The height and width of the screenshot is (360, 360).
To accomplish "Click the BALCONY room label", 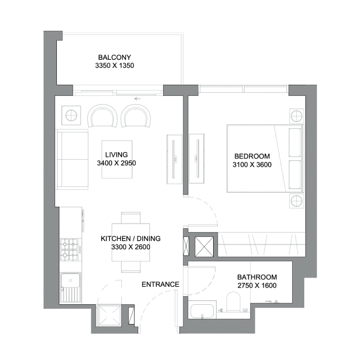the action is (114, 57).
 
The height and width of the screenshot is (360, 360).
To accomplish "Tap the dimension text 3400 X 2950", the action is (116, 163).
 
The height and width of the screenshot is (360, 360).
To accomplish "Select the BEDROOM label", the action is (252, 156).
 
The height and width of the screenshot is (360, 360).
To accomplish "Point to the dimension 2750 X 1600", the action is (257, 285).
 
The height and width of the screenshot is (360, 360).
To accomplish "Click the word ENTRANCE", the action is (160, 285).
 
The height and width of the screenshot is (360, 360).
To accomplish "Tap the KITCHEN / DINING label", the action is (131, 239).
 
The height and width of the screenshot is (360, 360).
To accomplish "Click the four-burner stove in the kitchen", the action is (69, 250).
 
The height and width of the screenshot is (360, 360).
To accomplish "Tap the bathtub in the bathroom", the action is (202, 312).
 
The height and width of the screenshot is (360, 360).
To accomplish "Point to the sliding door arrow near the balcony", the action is (137, 99).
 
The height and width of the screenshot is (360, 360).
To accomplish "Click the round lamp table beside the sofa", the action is (71, 115).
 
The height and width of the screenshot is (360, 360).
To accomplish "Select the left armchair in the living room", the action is (102, 116).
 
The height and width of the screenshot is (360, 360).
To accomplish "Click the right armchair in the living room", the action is (136, 116).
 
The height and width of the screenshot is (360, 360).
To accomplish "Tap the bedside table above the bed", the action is (296, 116).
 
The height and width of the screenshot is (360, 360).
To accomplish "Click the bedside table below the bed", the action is (296, 201).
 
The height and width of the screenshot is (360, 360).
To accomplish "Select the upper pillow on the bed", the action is (295, 142).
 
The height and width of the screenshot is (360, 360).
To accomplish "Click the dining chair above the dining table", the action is (131, 217).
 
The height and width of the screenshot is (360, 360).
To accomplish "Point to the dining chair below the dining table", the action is (131, 267).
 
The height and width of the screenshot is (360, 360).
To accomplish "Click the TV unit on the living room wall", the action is (174, 159).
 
